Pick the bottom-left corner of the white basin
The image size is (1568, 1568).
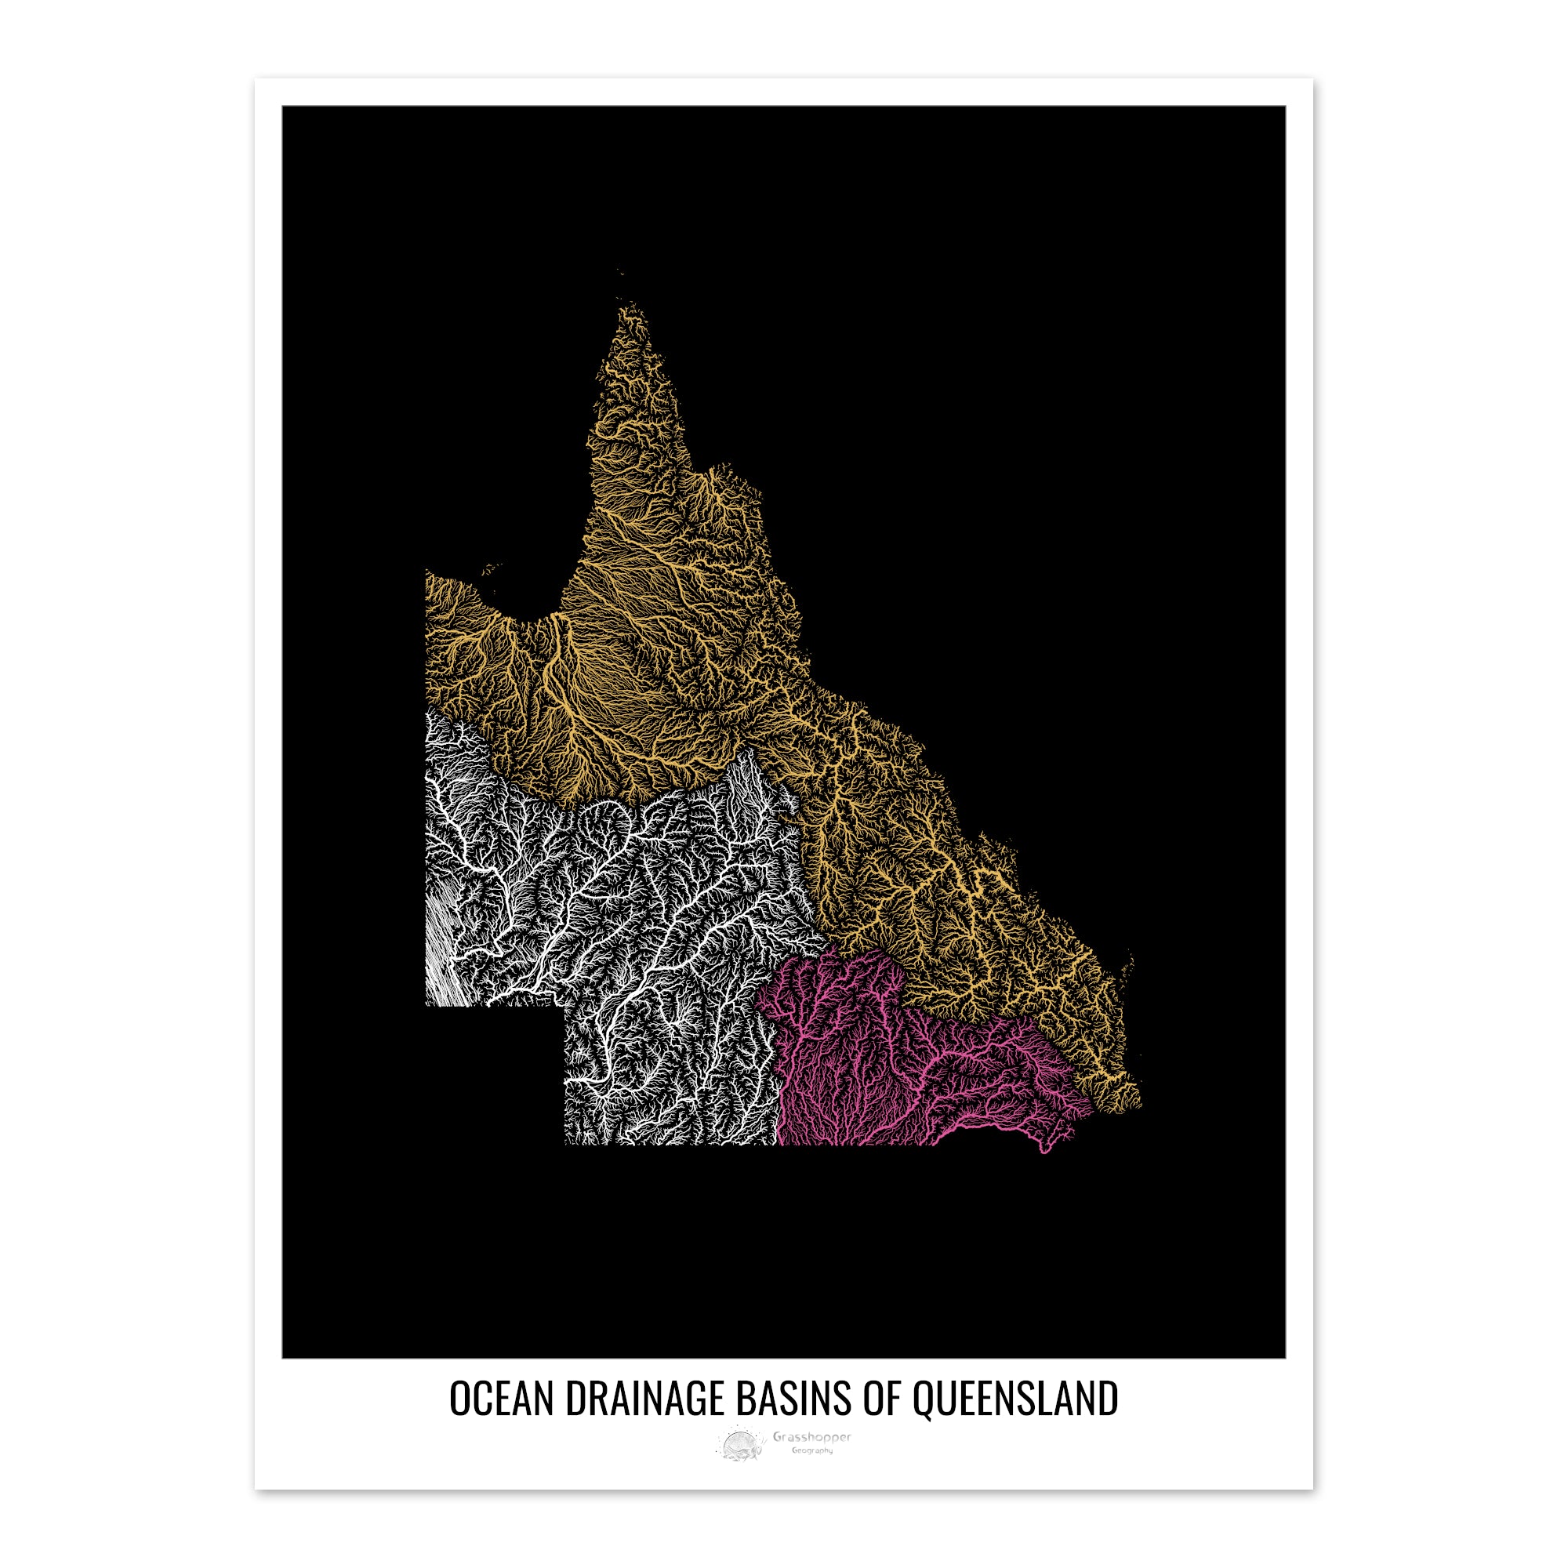coord(428,1005)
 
